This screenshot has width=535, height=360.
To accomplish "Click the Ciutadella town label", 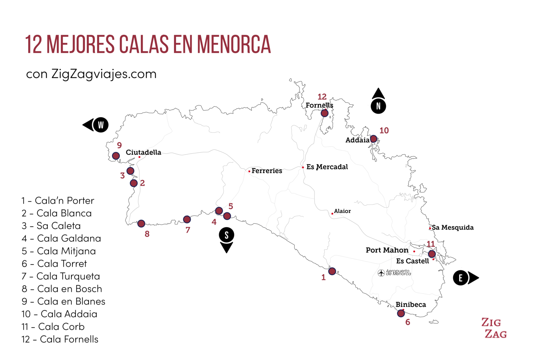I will point(143,152).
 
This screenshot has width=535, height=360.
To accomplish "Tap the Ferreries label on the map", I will point(267,171).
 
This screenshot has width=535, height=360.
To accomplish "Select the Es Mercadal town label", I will point(327,167).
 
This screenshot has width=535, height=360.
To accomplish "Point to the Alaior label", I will point(342,211).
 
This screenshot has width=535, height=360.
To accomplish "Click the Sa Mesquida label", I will point(452,228).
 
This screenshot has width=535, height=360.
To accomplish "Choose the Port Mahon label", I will point(387,250).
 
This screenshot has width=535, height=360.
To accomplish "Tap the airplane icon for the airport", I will point(381,273).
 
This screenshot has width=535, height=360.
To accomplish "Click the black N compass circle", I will point(378,106).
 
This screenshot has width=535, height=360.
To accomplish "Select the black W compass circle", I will point(101,125).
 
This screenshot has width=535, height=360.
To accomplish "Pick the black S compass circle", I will point(226,235).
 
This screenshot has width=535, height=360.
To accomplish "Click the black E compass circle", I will point(460,278).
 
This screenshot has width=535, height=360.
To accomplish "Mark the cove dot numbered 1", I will point(332,271).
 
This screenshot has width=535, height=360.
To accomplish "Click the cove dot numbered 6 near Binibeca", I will point(401,313).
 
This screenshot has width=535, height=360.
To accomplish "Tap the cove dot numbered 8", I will point(141,224).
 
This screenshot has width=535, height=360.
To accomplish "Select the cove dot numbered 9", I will point(116,156).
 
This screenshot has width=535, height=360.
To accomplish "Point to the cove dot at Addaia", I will point(373,139).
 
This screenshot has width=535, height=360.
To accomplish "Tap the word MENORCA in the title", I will point(234,44).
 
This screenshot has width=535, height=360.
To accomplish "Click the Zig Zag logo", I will point(494,328).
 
